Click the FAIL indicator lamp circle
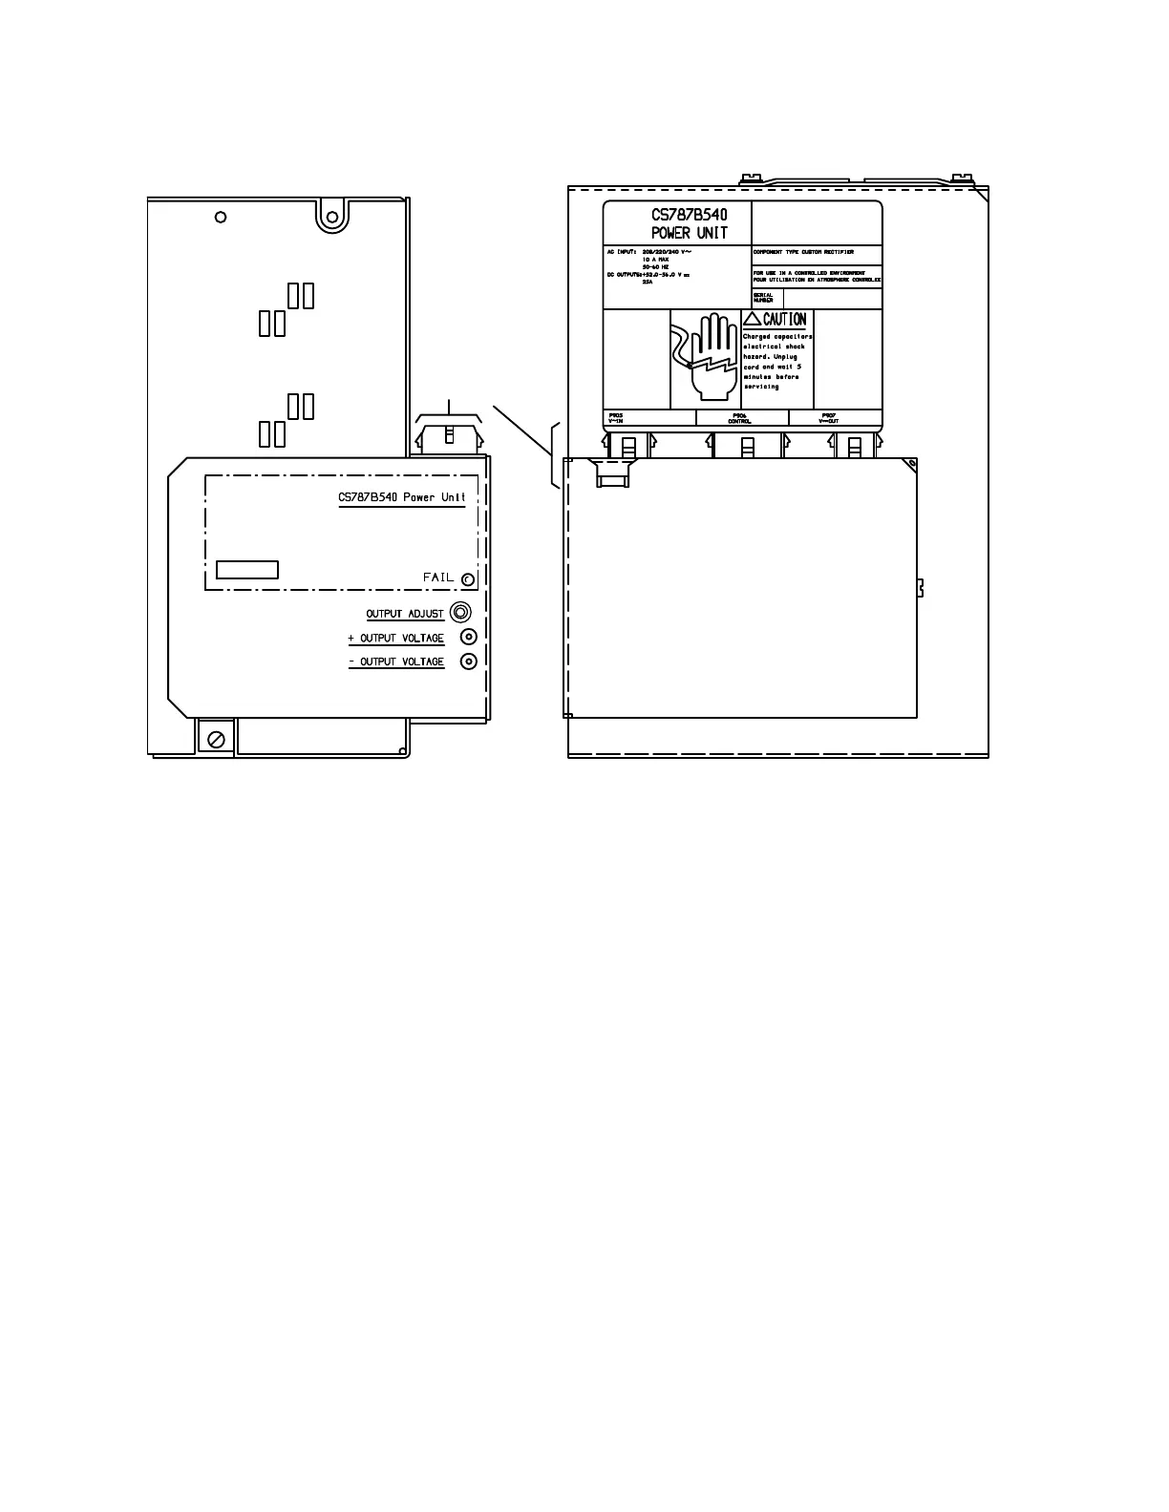click(x=467, y=579)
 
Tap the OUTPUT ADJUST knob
click(x=460, y=612)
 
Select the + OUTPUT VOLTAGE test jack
click(x=468, y=637)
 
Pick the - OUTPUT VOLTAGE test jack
click(x=468, y=661)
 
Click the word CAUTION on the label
click(x=784, y=320)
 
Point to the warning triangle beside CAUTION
click(x=753, y=320)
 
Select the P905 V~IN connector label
click(x=616, y=418)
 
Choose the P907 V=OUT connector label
click(x=829, y=418)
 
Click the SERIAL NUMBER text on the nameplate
click(x=763, y=297)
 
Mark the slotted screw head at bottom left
click(x=216, y=738)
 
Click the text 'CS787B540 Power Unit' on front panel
click(x=402, y=497)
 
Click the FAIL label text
click(x=438, y=577)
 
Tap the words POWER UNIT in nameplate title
click(x=690, y=233)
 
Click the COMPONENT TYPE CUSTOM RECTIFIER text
click(x=803, y=252)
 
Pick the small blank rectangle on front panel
click(x=247, y=570)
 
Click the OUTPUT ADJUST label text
click(x=405, y=614)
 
